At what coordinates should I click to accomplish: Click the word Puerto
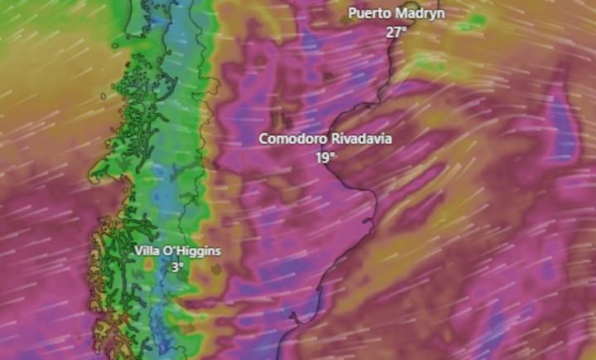pyautogui.click(x=368, y=13)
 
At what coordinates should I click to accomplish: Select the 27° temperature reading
pyautogui.click(x=396, y=32)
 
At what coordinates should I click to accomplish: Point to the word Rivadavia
pyautogui.click(x=360, y=139)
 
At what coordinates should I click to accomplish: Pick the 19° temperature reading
pyautogui.click(x=325, y=156)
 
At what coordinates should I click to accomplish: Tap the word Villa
pyautogui.click(x=147, y=251)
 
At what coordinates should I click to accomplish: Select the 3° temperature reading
pyautogui.click(x=177, y=267)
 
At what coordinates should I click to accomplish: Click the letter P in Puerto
pyautogui.click(x=352, y=13)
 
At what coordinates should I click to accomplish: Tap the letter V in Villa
pyautogui.click(x=138, y=251)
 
